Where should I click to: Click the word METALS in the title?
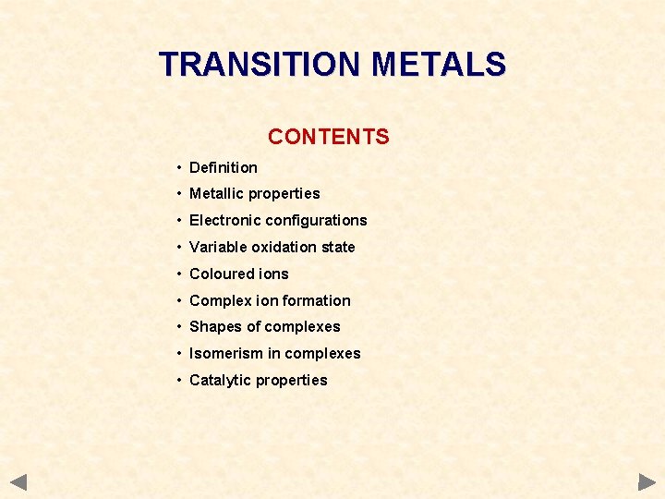pyautogui.click(x=438, y=65)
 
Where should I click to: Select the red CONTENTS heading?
pyautogui.click(x=329, y=137)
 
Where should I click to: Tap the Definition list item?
pyautogui.click(x=223, y=167)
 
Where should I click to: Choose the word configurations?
pyautogui.click(x=319, y=220)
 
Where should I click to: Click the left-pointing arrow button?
pyautogui.click(x=19, y=481)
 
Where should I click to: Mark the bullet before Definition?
pyautogui.click(x=178, y=167)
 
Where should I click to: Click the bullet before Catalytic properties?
pyautogui.click(x=178, y=380)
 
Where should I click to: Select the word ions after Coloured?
pyautogui.click(x=274, y=274)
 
